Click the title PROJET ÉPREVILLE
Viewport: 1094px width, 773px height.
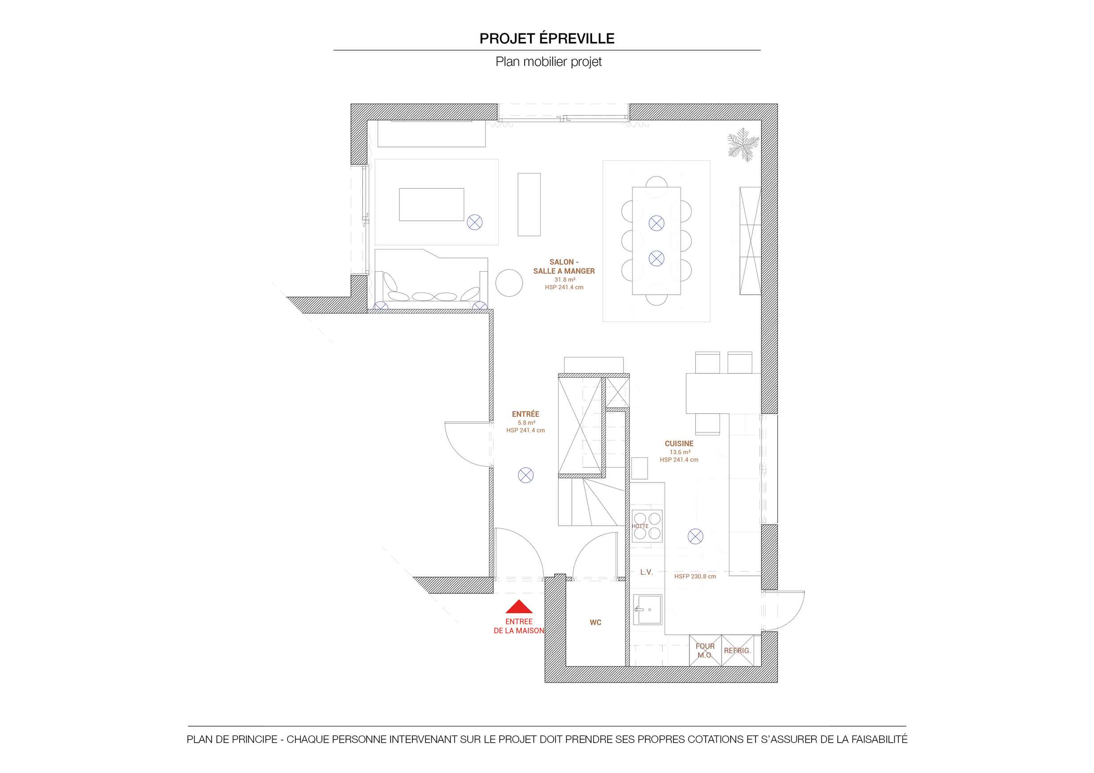pyautogui.click(x=547, y=38)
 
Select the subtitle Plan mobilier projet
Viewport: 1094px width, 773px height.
pyautogui.click(x=548, y=62)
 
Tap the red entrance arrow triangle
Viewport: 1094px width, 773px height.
pyautogui.click(x=519, y=606)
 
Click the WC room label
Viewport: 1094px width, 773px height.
pyautogui.click(x=596, y=622)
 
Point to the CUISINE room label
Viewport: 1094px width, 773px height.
pyautogui.click(x=679, y=443)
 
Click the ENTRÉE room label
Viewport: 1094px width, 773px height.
pyautogui.click(x=526, y=414)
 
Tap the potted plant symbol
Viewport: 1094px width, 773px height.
pyautogui.click(x=743, y=144)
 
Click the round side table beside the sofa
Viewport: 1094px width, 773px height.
pyautogui.click(x=509, y=283)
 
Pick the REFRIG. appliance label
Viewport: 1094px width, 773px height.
pyautogui.click(x=737, y=651)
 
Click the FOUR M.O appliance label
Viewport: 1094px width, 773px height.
pyautogui.click(x=705, y=651)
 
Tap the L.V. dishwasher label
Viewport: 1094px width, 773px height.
pyautogui.click(x=646, y=572)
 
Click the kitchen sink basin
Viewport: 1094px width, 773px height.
pyautogui.click(x=648, y=610)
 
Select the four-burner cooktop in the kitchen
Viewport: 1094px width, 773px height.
pyautogui.click(x=647, y=526)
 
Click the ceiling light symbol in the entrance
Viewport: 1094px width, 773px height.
pyautogui.click(x=526, y=475)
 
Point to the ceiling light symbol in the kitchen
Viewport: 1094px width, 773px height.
pyautogui.click(x=695, y=537)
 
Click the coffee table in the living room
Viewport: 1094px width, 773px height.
pyautogui.click(x=431, y=204)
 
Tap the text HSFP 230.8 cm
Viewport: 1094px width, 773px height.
pyautogui.click(x=695, y=576)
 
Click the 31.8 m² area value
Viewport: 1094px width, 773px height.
pyautogui.click(x=565, y=280)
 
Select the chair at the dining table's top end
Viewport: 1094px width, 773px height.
pyautogui.click(x=657, y=182)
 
